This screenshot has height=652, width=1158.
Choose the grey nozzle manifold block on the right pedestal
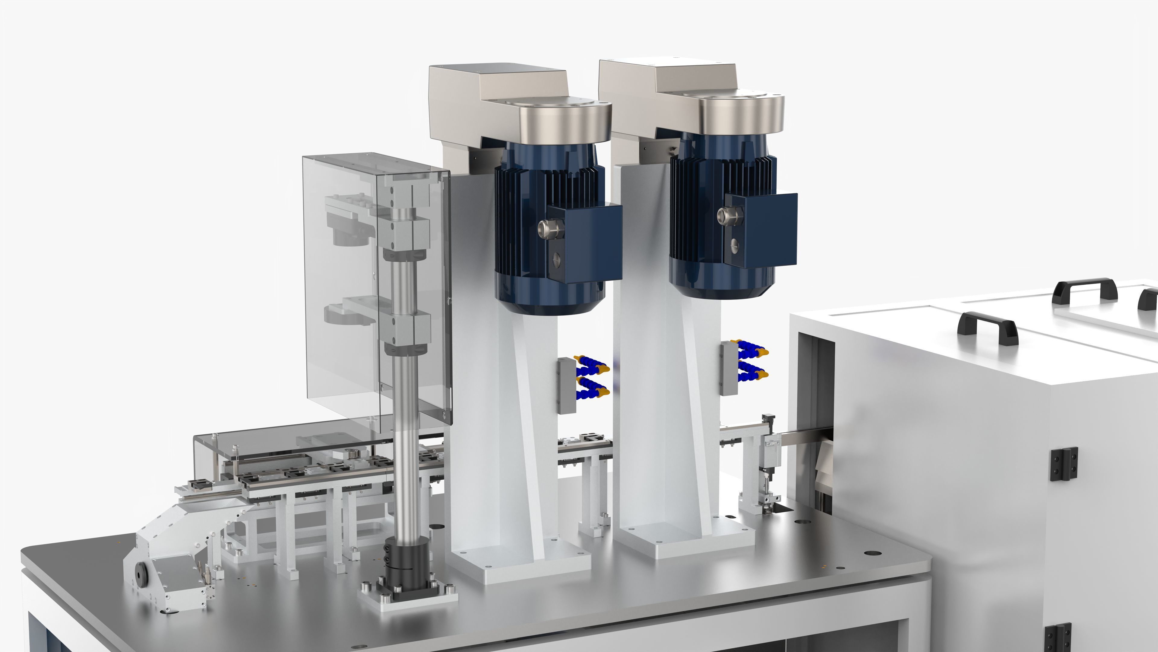pos(727,368)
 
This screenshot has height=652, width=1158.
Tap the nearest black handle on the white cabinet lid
pos(987,327)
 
